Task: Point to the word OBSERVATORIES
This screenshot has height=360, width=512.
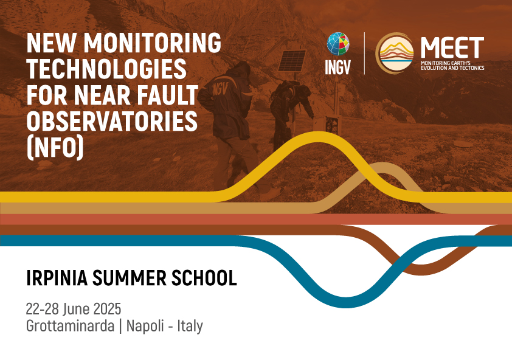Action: [x=112, y=122]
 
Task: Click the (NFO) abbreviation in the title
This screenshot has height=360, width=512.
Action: [x=55, y=148]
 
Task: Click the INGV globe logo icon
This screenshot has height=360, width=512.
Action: [x=338, y=44]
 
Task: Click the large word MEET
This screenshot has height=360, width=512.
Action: [x=452, y=47]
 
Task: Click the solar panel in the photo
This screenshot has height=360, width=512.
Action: [x=292, y=60]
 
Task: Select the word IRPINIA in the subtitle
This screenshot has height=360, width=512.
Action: [x=54, y=279]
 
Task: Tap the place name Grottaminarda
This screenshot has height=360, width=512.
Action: [x=71, y=325]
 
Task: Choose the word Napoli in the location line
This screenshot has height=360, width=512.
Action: [x=144, y=325]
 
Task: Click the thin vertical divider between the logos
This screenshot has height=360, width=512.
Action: [x=364, y=53]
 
